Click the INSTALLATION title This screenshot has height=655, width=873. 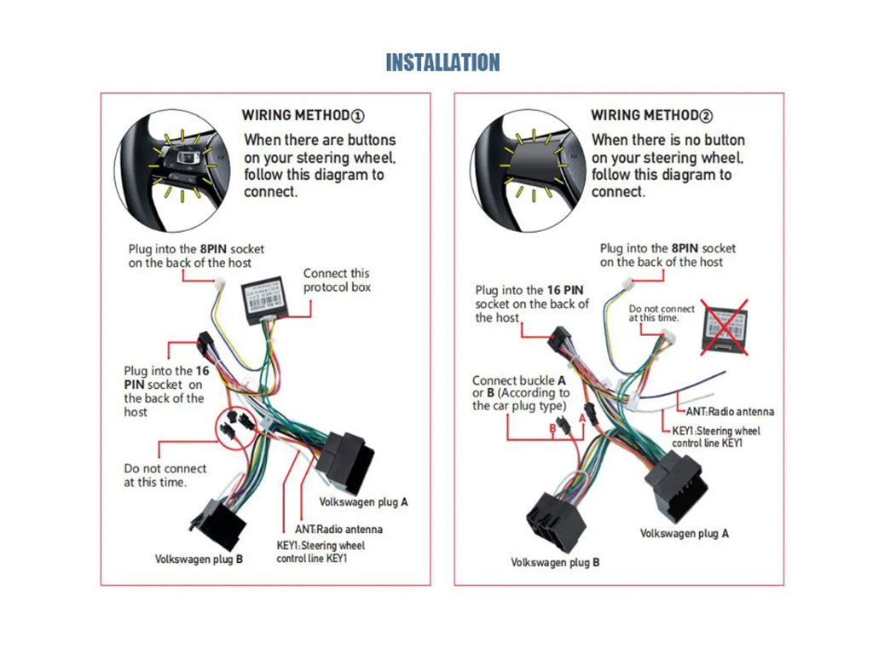coord(442,62)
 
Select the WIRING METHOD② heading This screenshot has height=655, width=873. coord(651,115)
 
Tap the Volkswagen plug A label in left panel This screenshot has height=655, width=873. coord(363,501)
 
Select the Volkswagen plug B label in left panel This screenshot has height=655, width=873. coord(199,559)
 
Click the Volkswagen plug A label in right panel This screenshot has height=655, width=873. coord(685,533)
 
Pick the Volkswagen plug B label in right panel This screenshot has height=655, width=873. coord(555,562)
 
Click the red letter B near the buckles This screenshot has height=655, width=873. coord(552,427)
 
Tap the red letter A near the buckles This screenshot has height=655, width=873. coord(582,418)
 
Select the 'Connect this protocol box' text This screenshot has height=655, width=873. coord(337,280)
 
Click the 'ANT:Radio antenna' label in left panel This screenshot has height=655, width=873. coord(338,529)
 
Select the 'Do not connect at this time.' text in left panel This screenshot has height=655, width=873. coord(165,475)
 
